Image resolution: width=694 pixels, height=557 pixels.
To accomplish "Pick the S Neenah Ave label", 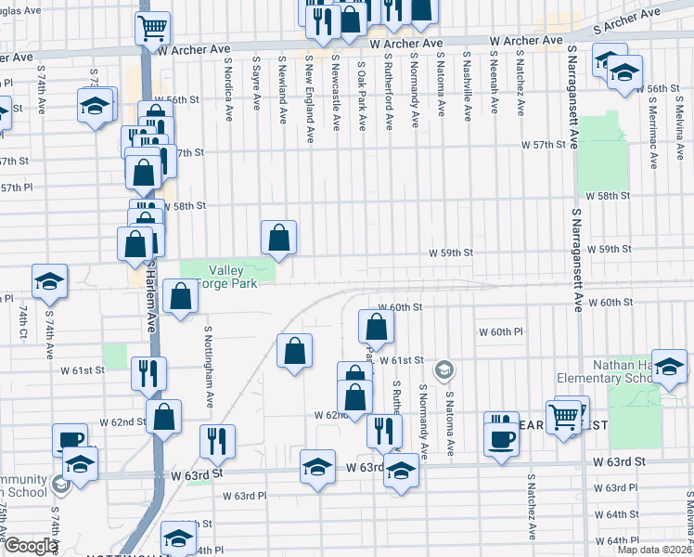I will pyautogui.click(x=495, y=87).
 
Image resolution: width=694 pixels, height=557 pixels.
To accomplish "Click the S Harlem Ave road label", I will pyautogui.click(x=149, y=305).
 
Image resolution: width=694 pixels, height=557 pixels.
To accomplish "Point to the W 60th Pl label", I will pyautogui.click(x=501, y=331).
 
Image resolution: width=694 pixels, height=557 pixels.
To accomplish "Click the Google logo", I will pyautogui.click(x=31, y=546).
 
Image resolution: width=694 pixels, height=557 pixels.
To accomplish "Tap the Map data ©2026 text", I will pyautogui.click(x=655, y=550).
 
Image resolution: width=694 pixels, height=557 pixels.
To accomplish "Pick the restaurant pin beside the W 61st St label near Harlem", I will pyautogui.click(x=148, y=373).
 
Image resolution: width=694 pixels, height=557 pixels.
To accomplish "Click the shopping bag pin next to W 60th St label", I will pyautogui.click(x=376, y=326).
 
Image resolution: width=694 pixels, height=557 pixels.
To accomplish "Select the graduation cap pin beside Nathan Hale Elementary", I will pyautogui.click(x=669, y=367).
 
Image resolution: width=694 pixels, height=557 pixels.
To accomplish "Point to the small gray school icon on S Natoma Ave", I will pyautogui.click(x=444, y=370).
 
